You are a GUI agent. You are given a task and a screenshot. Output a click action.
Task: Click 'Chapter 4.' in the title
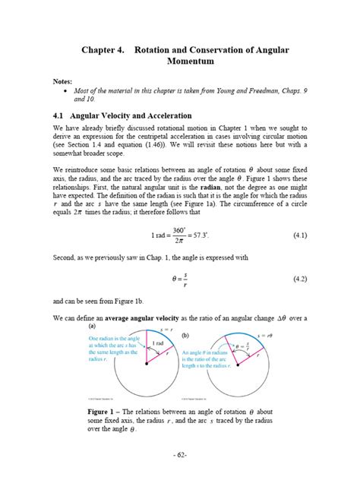click(x=105, y=48)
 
